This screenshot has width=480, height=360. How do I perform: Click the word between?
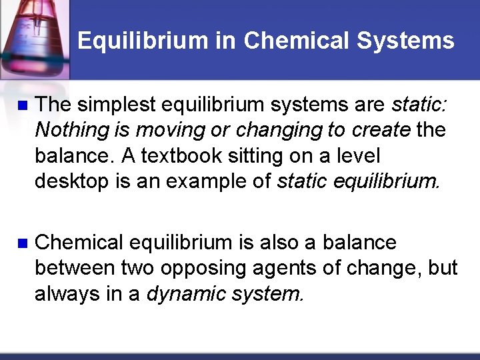click(x=75, y=268)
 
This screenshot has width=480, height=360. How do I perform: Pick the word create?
click(x=379, y=130)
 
